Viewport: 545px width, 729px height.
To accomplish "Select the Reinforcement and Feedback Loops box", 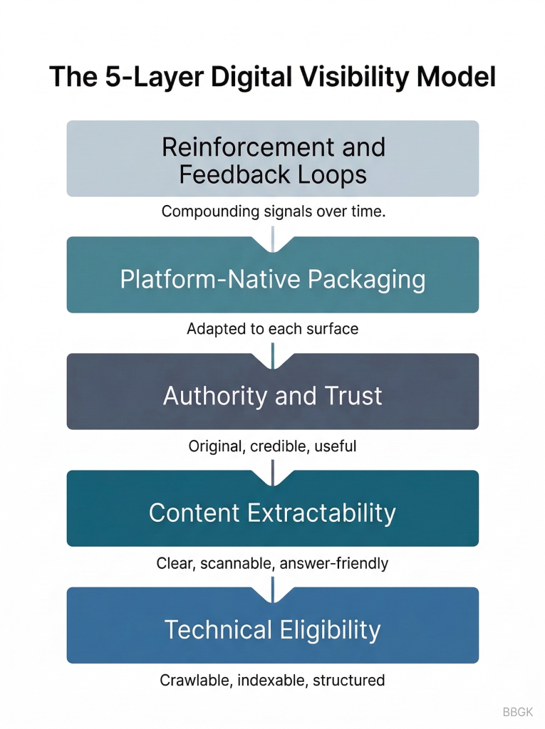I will [272, 158].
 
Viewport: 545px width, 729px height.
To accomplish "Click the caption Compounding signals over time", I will [273, 211].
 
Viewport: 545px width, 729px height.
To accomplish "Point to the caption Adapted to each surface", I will [272, 329].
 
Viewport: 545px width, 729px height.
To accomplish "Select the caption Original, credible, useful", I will [272, 446].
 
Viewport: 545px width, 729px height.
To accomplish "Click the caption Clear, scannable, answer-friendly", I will [272, 563].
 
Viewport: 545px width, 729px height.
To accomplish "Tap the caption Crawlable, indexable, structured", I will [272, 680].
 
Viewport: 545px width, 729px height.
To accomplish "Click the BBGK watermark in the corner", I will [518, 712].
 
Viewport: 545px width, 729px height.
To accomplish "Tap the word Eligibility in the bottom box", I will [330, 630].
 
